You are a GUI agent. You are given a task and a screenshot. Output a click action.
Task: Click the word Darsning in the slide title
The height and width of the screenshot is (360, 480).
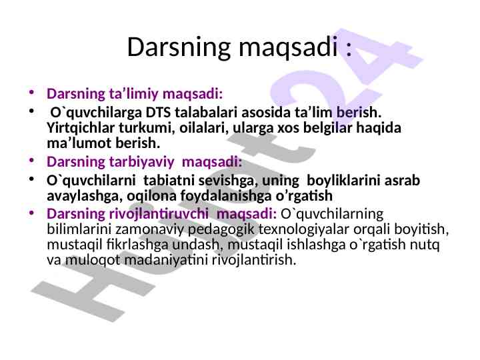click(179, 47)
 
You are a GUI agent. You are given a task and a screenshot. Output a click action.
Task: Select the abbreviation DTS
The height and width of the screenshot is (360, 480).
click(158, 113)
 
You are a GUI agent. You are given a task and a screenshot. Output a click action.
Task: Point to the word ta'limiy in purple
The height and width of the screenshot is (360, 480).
click(134, 94)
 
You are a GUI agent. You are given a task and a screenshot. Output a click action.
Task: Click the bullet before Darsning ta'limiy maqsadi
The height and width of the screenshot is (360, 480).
click(31, 92)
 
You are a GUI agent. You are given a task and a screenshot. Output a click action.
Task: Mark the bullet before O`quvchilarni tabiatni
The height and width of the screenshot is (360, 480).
click(31, 179)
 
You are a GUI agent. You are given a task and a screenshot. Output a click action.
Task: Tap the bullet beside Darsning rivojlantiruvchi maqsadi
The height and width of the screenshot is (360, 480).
click(31, 212)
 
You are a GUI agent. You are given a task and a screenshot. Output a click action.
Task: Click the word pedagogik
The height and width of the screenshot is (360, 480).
click(221, 229)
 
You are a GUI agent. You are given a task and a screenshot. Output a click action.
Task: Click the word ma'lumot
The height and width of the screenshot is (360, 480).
click(79, 143)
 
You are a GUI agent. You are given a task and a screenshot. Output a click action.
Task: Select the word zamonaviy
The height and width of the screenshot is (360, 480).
click(150, 229)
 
